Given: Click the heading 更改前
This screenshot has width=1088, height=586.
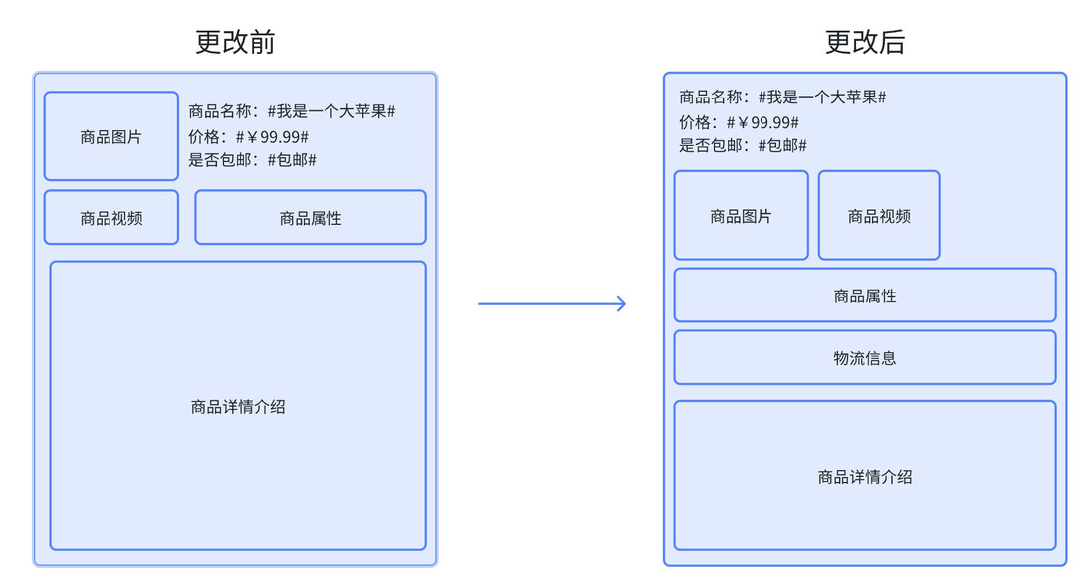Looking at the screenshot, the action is click(235, 42).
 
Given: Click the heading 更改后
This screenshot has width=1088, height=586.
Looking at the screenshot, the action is click(865, 42).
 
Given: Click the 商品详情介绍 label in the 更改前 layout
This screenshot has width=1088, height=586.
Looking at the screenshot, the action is click(238, 406).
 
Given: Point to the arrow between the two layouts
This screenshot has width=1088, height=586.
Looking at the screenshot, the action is click(551, 303).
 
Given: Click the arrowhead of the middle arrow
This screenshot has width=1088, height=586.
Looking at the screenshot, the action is click(625, 303).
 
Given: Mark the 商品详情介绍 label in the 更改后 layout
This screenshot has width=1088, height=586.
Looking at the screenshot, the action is click(865, 477).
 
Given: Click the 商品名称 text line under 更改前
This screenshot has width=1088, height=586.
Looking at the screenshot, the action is click(292, 111).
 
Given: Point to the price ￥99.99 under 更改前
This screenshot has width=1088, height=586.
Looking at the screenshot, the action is click(272, 136).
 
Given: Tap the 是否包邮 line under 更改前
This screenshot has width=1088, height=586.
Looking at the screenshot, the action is click(252, 160).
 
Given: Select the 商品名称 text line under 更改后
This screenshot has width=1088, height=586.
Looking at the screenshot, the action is click(782, 98).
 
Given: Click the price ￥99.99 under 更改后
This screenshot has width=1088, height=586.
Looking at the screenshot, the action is click(762, 122).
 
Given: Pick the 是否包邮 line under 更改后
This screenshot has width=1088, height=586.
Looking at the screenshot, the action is click(743, 145).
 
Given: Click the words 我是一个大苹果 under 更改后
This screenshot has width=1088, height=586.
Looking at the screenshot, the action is click(822, 98).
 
